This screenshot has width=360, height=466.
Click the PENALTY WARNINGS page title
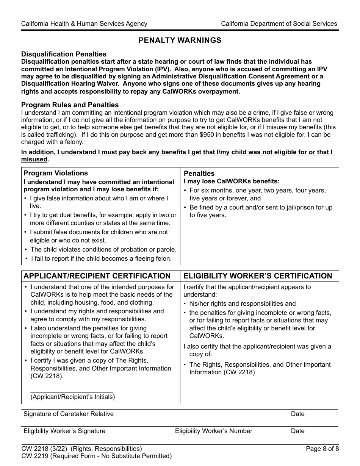[x=180, y=40]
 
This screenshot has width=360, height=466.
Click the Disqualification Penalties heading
[x=64, y=54]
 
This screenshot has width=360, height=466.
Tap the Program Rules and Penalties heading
[x=70, y=105]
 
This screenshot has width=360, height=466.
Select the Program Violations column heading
[x=56, y=173]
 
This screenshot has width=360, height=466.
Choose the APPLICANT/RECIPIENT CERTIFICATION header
[x=97, y=276]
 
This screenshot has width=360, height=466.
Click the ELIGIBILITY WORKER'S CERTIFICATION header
[x=258, y=276]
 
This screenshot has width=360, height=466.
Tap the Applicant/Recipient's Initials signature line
[x=72, y=390]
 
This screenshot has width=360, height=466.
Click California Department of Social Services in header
[x=279, y=23]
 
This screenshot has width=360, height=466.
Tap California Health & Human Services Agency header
[x=84, y=23]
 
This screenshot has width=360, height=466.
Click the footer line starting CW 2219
[x=97, y=456]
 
